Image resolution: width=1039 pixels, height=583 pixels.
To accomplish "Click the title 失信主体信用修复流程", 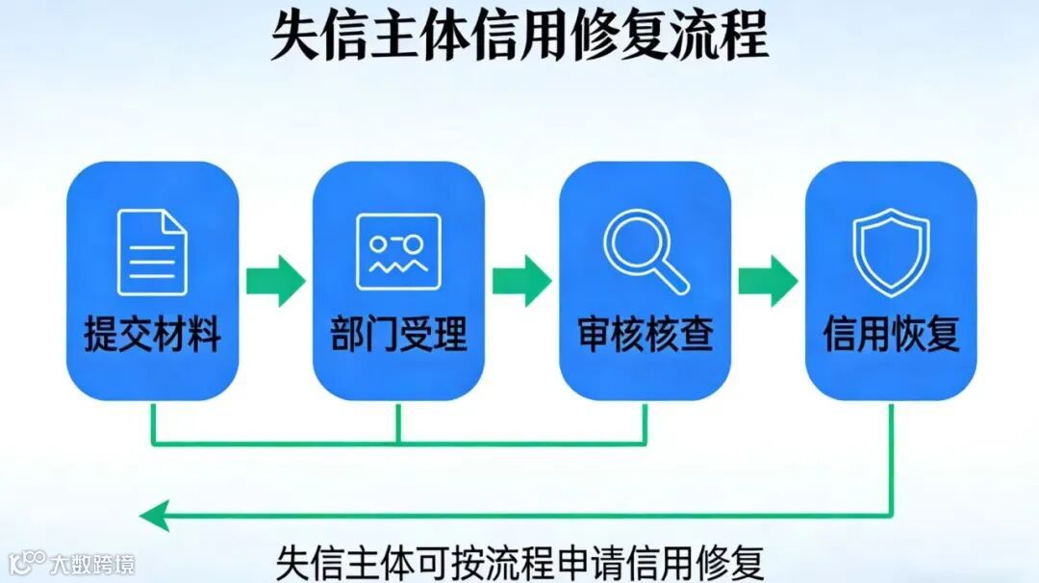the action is tap(519, 36).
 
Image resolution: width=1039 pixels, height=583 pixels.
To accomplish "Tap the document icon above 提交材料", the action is tap(152, 252).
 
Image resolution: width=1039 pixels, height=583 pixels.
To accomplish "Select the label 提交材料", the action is tap(152, 335).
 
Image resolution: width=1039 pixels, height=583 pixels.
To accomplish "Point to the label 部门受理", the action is tap(398, 335).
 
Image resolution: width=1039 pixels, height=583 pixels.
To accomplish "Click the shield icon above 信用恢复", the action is tap(891, 252).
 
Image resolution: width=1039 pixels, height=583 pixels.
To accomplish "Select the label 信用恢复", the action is tap(891, 335).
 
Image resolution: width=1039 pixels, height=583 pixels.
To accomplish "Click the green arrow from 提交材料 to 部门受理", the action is tap(275, 281).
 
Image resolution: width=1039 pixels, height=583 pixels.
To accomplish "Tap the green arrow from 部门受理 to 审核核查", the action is tap(521, 281).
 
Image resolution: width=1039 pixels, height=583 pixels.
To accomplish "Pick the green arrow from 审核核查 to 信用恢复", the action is tap(768, 281).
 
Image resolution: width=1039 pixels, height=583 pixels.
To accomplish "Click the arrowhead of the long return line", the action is tap(154, 515).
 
